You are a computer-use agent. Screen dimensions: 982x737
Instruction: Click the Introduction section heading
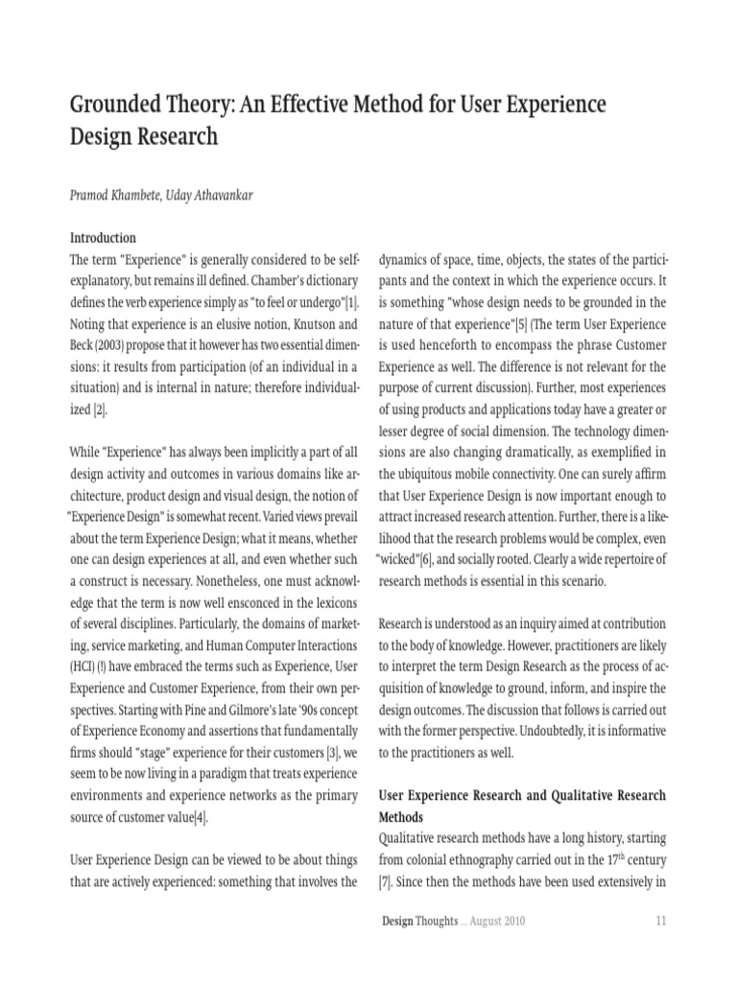click(103, 237)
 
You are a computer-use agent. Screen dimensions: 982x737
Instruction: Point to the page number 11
click(660, 922)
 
